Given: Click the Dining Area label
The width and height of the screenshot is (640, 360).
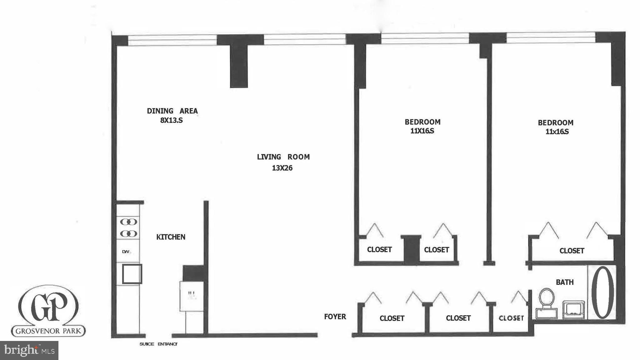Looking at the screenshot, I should point(172,111).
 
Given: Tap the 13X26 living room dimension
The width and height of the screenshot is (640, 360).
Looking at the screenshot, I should point(282,168).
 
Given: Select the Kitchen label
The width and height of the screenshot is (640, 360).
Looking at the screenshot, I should point(171,237).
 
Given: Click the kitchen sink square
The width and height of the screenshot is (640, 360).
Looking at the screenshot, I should point(132,274).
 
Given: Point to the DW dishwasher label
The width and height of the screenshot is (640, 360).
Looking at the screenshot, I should point(126,252).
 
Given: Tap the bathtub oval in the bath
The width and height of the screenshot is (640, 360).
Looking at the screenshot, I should point(602,292).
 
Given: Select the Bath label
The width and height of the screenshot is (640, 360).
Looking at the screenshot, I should point(564,282).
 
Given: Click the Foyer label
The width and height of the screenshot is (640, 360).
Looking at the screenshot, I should point(335,317).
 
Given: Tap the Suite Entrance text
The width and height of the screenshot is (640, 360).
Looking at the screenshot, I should point(158,344).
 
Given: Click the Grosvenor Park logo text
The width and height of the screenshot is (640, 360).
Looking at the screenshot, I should point(48,331).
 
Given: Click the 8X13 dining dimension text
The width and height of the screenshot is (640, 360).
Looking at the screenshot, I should point(171,120).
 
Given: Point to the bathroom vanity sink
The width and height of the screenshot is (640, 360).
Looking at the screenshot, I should point(573,309).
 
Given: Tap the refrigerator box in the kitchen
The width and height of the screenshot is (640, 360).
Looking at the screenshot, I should point(191,296).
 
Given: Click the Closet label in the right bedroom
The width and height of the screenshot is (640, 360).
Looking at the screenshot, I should point(572,251).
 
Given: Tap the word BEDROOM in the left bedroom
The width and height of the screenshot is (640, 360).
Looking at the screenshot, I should point(422,122).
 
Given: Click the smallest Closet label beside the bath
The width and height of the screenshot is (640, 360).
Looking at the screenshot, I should point(511,318).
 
